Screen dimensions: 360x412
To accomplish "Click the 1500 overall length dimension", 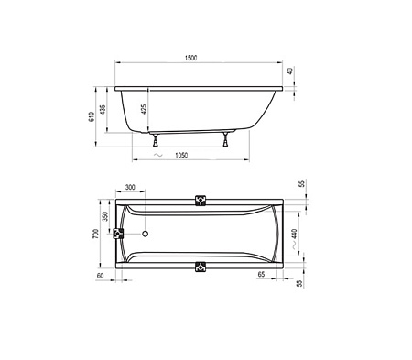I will tap(190, 58).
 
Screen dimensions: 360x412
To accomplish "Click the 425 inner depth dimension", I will tap(143, 109).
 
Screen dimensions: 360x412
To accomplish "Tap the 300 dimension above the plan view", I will tap(129, 187).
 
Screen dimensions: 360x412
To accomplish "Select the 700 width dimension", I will tap(93, 235).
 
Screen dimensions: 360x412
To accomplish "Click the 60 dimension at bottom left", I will tap(99, 274).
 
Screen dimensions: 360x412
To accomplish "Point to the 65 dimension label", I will tap(262, 274).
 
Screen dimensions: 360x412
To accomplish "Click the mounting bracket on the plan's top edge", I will tap(201, 200).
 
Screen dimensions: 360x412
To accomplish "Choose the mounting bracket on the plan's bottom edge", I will tap(201, 267).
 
